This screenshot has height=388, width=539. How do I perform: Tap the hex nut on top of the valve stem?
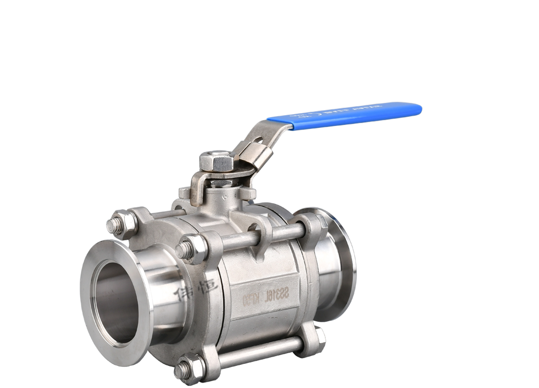(216, 162)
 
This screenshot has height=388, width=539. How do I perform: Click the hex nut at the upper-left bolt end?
(125, 224)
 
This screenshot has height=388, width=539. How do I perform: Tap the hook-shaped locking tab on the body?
(262, 236)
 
